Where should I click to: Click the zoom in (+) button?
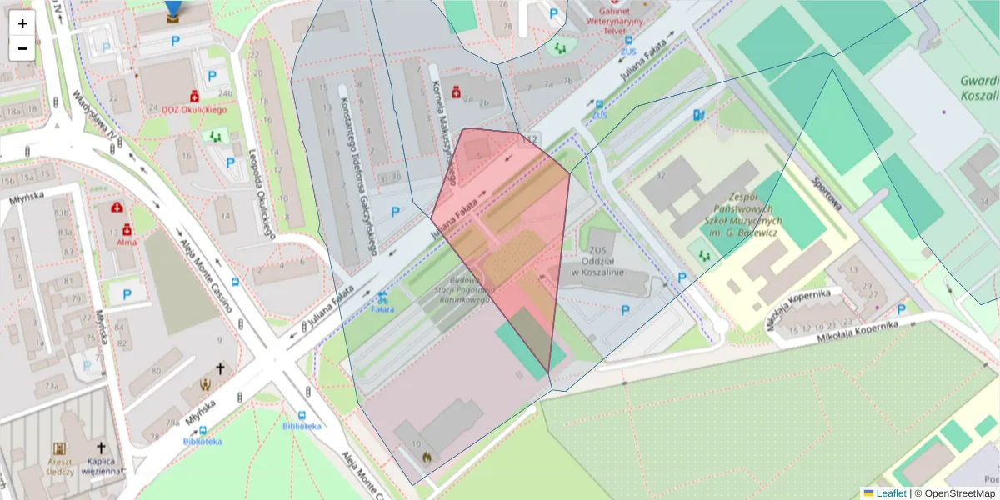click(22, 23)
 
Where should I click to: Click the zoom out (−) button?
click(22, 48)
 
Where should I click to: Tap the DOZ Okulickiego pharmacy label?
click(177, 107)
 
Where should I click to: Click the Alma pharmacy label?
click(127, 242)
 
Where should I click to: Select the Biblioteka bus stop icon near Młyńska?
click(203, 430)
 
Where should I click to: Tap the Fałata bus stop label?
click(382, 309)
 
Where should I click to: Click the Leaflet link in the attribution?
click(891, 493)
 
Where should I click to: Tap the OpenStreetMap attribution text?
click(959, 493)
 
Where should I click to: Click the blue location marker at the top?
click(172, 10)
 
